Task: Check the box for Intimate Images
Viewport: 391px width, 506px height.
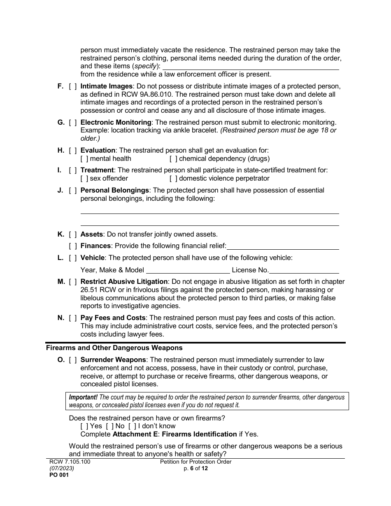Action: click(x=73, y=86)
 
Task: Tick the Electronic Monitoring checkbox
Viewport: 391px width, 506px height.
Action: click(x=73, y=122)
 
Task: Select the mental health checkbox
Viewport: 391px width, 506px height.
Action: click(x=84, y=158)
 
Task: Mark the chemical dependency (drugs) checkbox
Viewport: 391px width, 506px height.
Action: click(x=173, y=158)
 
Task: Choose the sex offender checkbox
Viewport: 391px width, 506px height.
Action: click(x=84, y=178)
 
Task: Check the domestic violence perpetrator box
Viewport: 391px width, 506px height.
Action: click(x=173, y=178)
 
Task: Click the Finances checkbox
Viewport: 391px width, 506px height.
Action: click(x=73, y=246)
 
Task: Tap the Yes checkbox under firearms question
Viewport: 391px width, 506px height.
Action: click(x=84, y=426)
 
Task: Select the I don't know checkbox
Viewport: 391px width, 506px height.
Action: click(x=132, y=426)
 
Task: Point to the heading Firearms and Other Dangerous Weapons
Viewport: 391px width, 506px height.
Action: click(x=114, y=348)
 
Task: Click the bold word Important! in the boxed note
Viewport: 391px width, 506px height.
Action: click(x=83, y=397)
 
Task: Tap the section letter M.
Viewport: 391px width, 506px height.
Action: click(x=61, y=281)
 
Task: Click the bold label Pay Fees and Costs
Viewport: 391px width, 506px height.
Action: click(x=113, y=318)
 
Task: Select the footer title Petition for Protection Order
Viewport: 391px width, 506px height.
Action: click(x=195, y=462)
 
